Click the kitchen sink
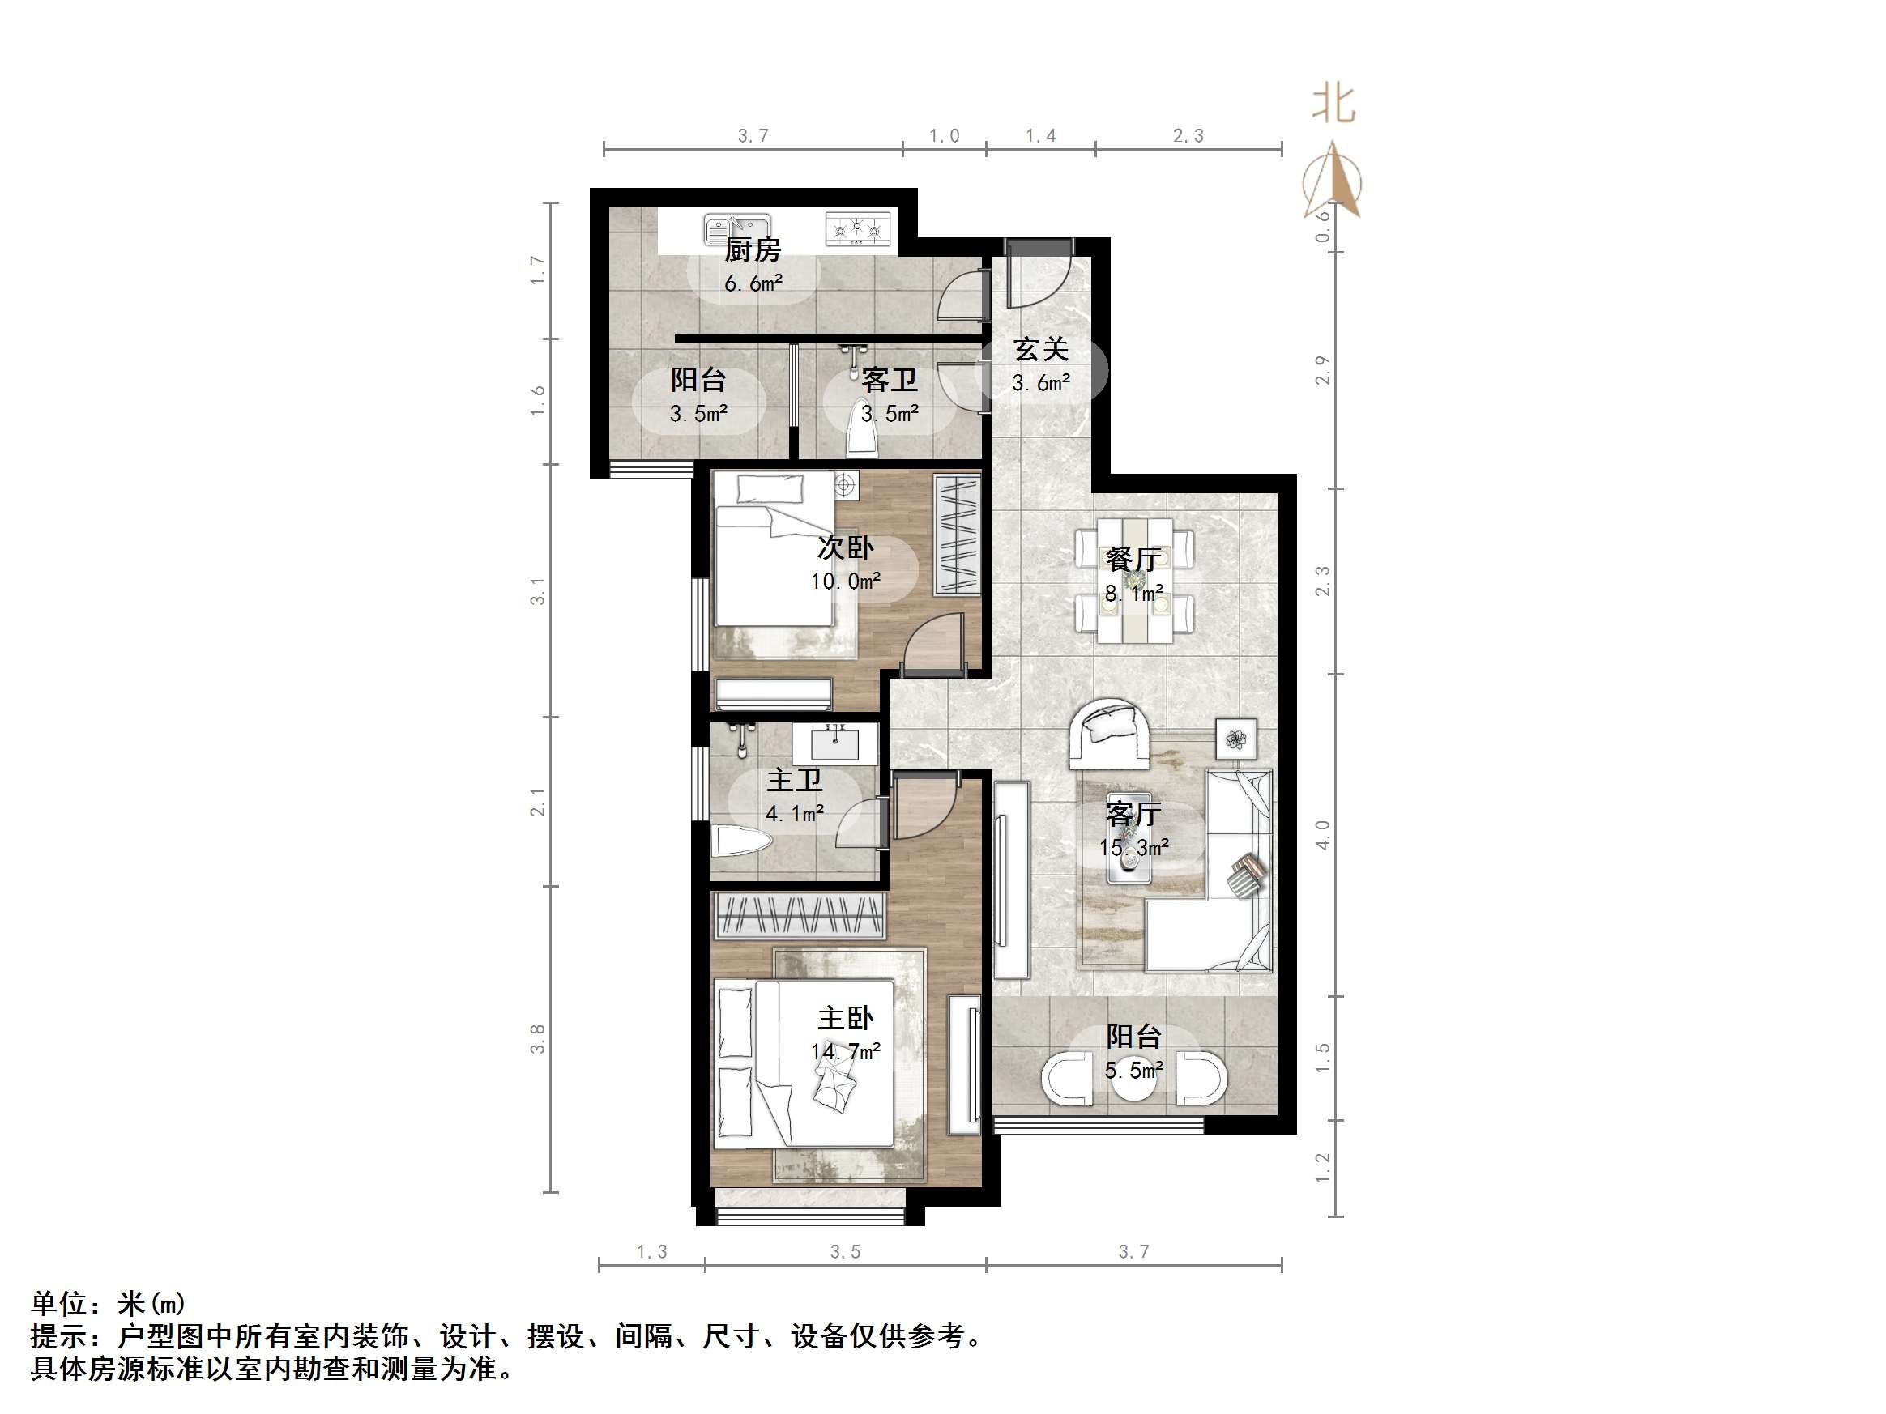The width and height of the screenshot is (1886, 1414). (736, 229)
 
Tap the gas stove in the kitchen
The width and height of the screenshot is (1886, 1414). (857, 229)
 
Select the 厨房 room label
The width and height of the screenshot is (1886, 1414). (752, 250)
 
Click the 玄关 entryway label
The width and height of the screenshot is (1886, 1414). (1040, 350)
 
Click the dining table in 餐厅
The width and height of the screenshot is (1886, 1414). (1134, 580)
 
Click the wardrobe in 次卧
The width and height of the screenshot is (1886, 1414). (957, 535)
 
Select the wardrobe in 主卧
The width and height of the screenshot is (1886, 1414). (799, 915)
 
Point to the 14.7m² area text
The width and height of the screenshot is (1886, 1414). (845, 1052)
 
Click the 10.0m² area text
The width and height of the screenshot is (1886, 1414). (845, 581)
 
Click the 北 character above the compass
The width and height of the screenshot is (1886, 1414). (1333, 104)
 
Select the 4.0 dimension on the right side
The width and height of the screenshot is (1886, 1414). (1322, 834)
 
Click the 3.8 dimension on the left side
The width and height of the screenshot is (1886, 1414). (537, 1039)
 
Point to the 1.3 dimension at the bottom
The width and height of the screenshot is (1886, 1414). (652, 1251)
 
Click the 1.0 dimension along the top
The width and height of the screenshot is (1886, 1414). (944, 135)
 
